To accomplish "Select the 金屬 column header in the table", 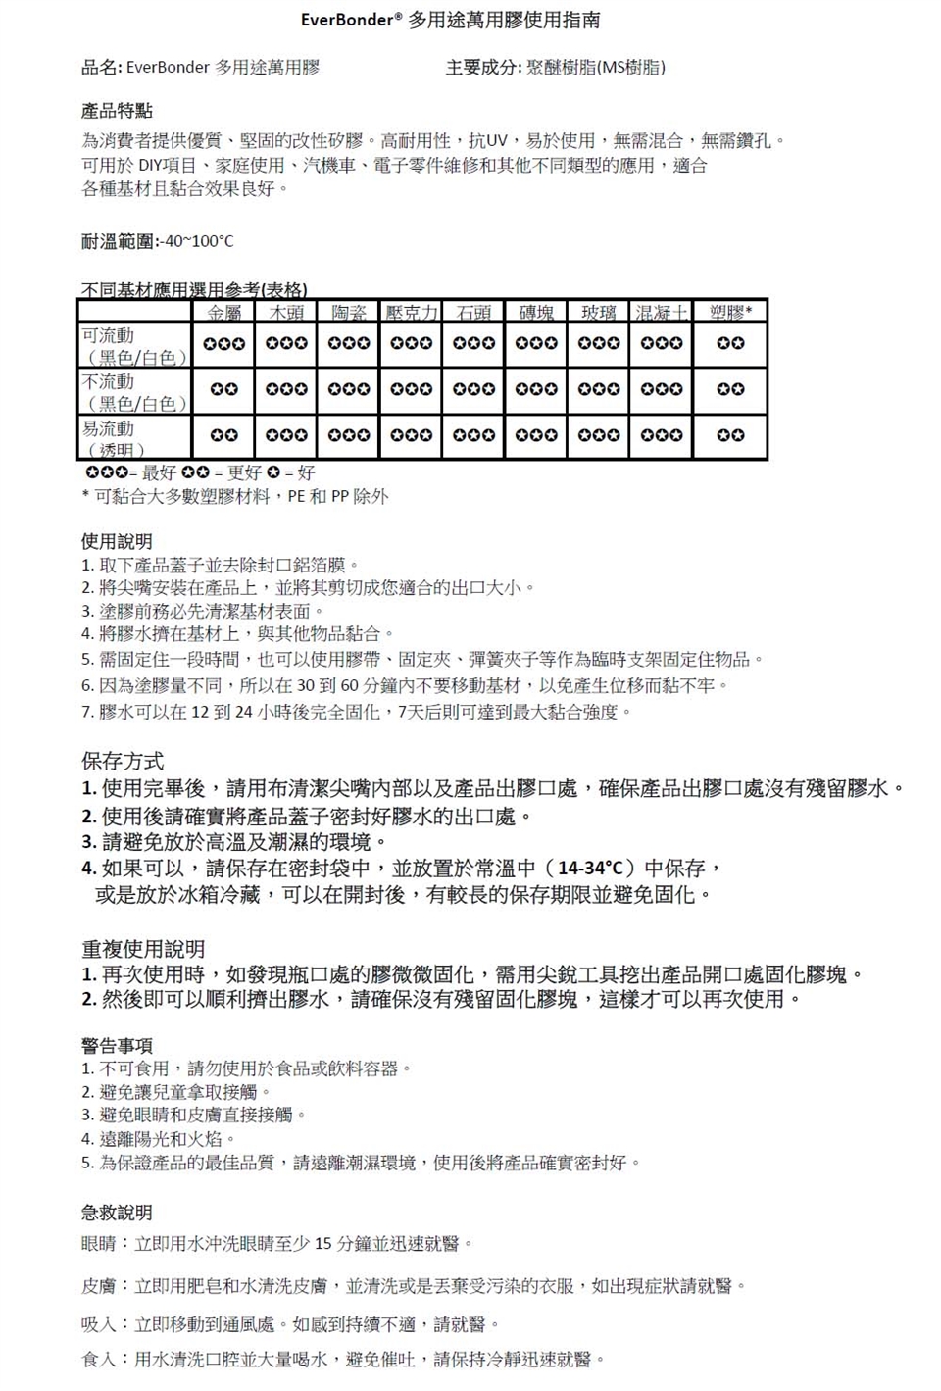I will (224, 313).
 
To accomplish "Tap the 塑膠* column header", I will (730, 313).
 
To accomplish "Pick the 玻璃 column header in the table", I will (598, 313).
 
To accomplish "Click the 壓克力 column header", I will (411, 313).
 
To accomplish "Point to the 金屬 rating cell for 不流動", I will (224, 389).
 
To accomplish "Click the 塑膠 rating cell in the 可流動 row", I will (730, 344).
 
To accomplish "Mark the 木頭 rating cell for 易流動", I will (286, 435).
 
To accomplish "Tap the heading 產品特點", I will (117, 111).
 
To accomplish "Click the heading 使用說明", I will (117, 541).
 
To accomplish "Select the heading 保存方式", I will (123, 761).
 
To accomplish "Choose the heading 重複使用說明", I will (143, 948).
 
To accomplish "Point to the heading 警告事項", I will (117, 1045).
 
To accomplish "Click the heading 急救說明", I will (117, 1213).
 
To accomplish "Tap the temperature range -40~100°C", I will (199, 241).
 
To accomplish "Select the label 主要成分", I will (483, 68).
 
